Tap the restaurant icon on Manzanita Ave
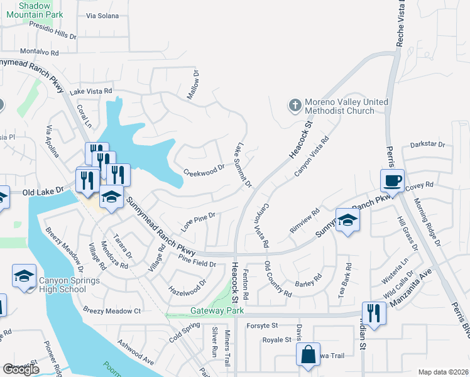[x=374, y=313]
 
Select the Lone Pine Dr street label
[x=199, y=220]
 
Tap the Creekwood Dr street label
[x=204, y=170]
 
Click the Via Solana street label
[x=102, y=16]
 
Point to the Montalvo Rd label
[x=39, y=52]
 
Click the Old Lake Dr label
[x=43, y=190]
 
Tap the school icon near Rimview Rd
[x=347, y=221]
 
